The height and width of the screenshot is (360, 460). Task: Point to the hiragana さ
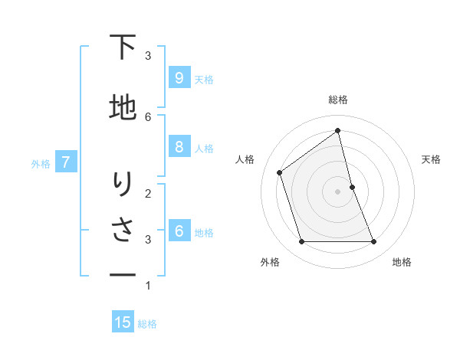pyautogui.click(x=122, y=231)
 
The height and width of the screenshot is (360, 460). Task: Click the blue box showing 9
pyautogui.click(x=179, y=77)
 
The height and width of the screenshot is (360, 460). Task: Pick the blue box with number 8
pyautogui.click(x=179, y=147)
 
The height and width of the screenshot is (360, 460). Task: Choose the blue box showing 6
pyautogui.click(x=179, y=231)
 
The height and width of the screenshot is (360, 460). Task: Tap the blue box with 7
pyautogui.click(x=66, y=162)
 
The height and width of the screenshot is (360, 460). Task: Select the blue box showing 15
pyautogui.click(x=123, y=322)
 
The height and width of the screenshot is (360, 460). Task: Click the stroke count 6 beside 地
pyautogui.click(x=148, y=116)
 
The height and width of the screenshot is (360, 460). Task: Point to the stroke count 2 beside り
pyautogui.click(x=148, y=193)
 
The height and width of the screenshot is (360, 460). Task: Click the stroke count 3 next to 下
pyautogui.click(x=148, y=56)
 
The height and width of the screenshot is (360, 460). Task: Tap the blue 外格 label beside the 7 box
pyautogui.click(x=41, y=163)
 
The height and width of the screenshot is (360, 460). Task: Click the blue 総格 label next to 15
pyautogui.click(x=147, y=324)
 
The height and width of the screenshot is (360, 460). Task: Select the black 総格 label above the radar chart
pyautogui.click(x=338, y=100)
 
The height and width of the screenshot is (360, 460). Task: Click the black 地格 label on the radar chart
pyautogui.click(x=402, y=262)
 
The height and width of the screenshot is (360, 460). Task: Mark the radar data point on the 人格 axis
pyautogui.click(x=280, y=172)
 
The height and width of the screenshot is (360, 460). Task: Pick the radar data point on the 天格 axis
pyautogui.click(x=352, y=187)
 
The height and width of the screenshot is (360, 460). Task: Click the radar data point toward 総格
pyautogui.click(x=338, y=131)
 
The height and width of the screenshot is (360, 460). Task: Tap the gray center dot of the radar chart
pyautogui.click(x=338, y=191)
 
